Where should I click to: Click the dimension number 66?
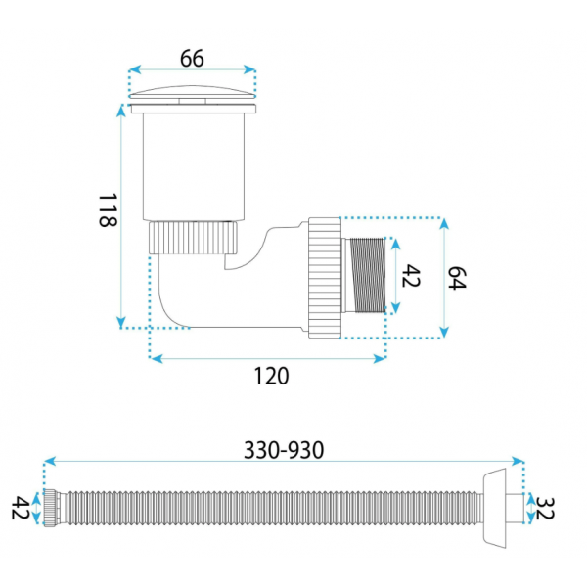pos(192,59)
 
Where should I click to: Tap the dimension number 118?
pos(108,209)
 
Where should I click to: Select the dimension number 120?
pos(271,376)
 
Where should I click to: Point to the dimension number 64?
pos(457,278)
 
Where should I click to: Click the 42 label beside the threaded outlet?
pos(411,276)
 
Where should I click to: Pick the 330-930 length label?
pos(284,450)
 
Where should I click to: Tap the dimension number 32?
pos(544,508)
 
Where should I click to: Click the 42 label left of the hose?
pos(20,508)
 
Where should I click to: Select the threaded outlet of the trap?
pos(367,275)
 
